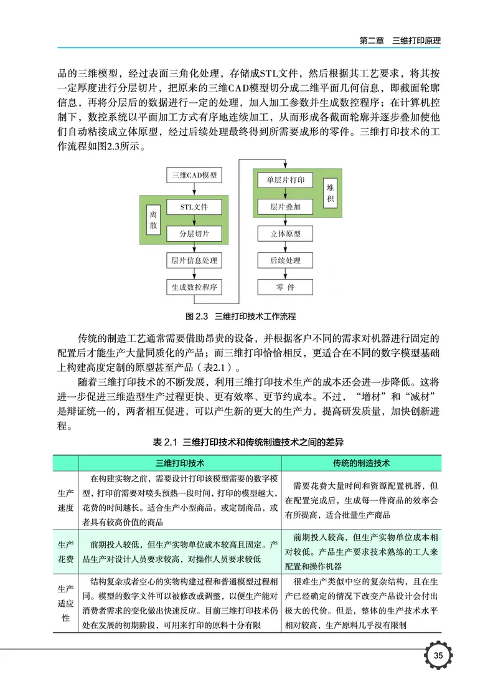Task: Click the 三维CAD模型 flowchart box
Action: tap(194, 176)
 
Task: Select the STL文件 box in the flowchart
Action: tap(194, 207)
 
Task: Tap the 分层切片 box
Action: tap(194, 234)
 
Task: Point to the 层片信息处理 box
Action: tap(194, 260)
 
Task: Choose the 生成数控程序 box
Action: tap(194, 287)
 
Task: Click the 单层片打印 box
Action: tap(285, 180)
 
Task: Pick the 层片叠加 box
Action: tap(285, 206)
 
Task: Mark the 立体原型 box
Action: tap(285, 234)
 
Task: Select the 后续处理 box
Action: tap(285, 260)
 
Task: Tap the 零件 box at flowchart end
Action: tap(285, 287)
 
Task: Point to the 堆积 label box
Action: tap(330, 193)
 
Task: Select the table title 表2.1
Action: tap(248, 442)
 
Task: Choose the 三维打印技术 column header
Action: tap(180, 464)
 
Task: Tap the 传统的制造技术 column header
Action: tap(360, 464)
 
